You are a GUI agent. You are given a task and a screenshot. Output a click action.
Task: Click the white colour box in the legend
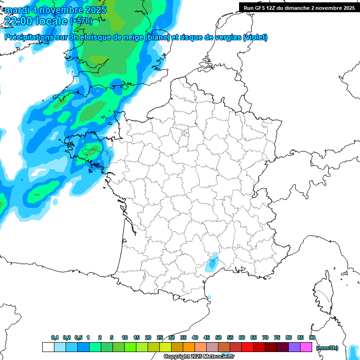[48, 347]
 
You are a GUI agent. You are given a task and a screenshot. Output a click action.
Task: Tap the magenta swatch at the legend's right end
[306, 347]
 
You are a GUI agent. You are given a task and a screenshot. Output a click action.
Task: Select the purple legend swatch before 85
[294, 347]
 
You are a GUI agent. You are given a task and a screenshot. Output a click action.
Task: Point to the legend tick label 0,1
[54, 338]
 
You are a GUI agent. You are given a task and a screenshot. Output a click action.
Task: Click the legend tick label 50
[218, 338]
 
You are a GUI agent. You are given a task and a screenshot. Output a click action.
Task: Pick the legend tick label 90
[312, 338]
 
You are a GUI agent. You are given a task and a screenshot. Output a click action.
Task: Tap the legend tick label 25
[160, 338]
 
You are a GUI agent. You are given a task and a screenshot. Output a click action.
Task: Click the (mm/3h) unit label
[327, 348]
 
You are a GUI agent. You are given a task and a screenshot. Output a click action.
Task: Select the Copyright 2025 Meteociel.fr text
[199, 357]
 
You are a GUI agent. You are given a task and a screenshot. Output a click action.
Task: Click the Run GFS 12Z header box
[299, 7]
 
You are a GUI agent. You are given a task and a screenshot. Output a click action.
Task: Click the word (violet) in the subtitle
[255, 37]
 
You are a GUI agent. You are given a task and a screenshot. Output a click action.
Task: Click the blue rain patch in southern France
[213, 263]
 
